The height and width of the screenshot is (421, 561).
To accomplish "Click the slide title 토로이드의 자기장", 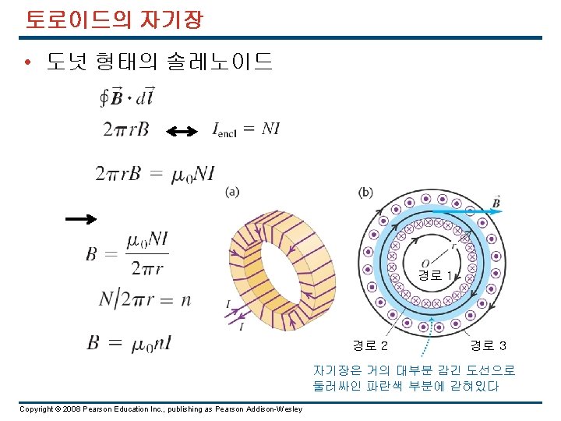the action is click(114, 19).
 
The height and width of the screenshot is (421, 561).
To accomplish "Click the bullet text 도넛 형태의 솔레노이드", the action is click(160, 61).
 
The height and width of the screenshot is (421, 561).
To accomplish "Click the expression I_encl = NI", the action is click(246, 129).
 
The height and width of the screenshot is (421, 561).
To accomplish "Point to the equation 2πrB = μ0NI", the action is click(154, 173).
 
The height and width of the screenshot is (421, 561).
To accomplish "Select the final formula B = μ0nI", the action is click(129, 342).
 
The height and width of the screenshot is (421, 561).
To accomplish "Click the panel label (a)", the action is click(231, 192).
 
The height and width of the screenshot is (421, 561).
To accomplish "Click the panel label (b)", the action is click(365, 192).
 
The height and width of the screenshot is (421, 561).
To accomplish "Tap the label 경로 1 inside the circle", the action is click(435, 275).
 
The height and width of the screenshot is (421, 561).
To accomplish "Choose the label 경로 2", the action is click(371, 345).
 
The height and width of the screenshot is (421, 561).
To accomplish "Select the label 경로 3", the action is click(489, 345).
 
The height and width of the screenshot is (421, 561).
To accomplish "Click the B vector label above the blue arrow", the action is click(496, 203).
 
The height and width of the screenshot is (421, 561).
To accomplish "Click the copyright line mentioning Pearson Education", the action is click(161, 409).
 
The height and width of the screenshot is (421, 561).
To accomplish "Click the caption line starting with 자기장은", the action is click(414, 370).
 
